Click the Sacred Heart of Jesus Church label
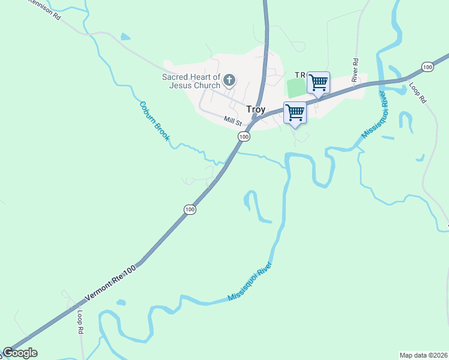[x=191, y=80]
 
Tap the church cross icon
[x=229, y=79]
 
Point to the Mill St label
[x=232, y=121]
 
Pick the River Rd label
[x=355, y=70]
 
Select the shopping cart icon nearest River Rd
[x=318, y=82]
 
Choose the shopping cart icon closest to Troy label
[x=295, y=112]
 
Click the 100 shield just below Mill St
[x=243, y=137]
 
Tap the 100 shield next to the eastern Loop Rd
[x=427, y=67]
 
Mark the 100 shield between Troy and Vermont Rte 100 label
[x=190, y=209]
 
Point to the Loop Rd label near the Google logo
[x=79, y=322]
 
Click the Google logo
[x=20, y=353]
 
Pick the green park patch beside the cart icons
[x=295, y=88]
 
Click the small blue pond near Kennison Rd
[x=125, y=37]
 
